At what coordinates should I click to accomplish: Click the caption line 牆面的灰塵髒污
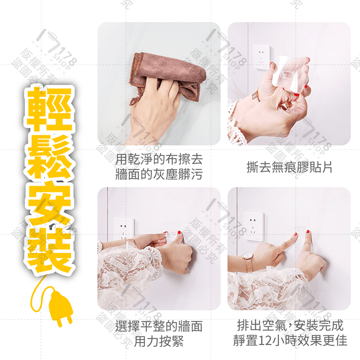pos(159,175)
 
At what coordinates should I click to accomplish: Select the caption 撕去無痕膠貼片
pos(289,167)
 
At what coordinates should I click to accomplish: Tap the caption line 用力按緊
pos(159,342)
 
